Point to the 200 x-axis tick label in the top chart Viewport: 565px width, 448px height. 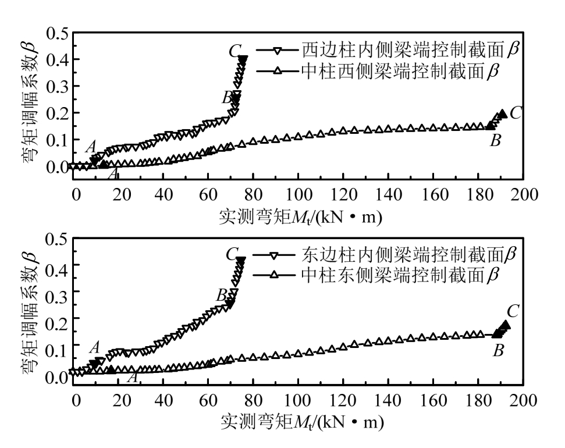coord(523,194)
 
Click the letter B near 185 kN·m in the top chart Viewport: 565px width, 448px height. coord(496,140)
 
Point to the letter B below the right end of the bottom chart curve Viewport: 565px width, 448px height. coord(498,351)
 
